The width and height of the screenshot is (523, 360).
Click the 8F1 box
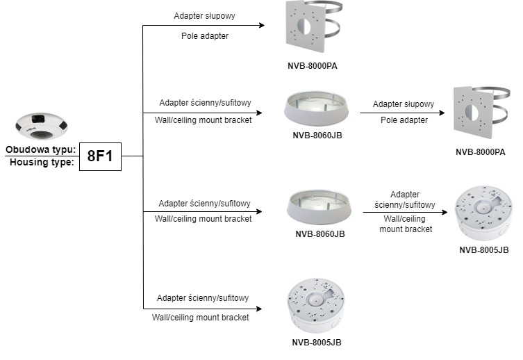tap(101, 156)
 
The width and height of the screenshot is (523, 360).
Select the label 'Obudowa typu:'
tap(41, 149)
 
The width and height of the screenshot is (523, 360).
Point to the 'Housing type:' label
tap(40, 163)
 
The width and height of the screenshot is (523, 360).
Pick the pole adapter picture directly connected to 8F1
tap(312, 27)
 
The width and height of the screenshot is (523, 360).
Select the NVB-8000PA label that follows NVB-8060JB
tap(480, 152)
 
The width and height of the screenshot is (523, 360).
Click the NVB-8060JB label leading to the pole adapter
tap(317, 136)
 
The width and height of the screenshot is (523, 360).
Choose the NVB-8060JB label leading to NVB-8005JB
tap(319, 234)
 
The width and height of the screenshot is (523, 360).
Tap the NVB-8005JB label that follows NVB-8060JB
tap(484, 249)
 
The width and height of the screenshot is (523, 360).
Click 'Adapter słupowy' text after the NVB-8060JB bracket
tap(404, 104)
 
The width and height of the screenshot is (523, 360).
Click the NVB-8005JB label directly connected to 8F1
tap(317, 343)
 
